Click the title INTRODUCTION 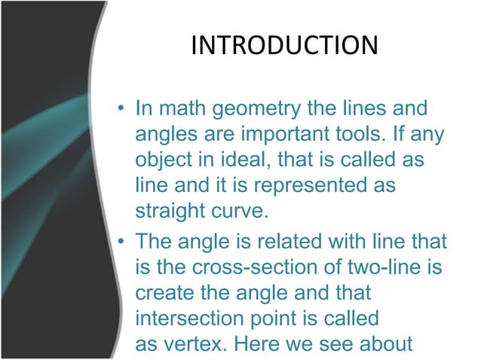pos(284,45)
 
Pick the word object pos(161,161)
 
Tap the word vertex pos(195,343)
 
